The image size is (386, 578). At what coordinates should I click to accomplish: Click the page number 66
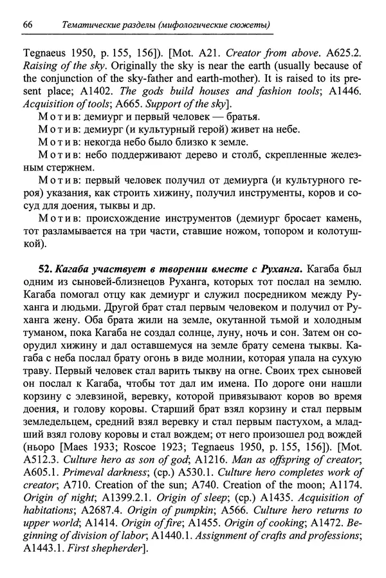click(x=28, y=24)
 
